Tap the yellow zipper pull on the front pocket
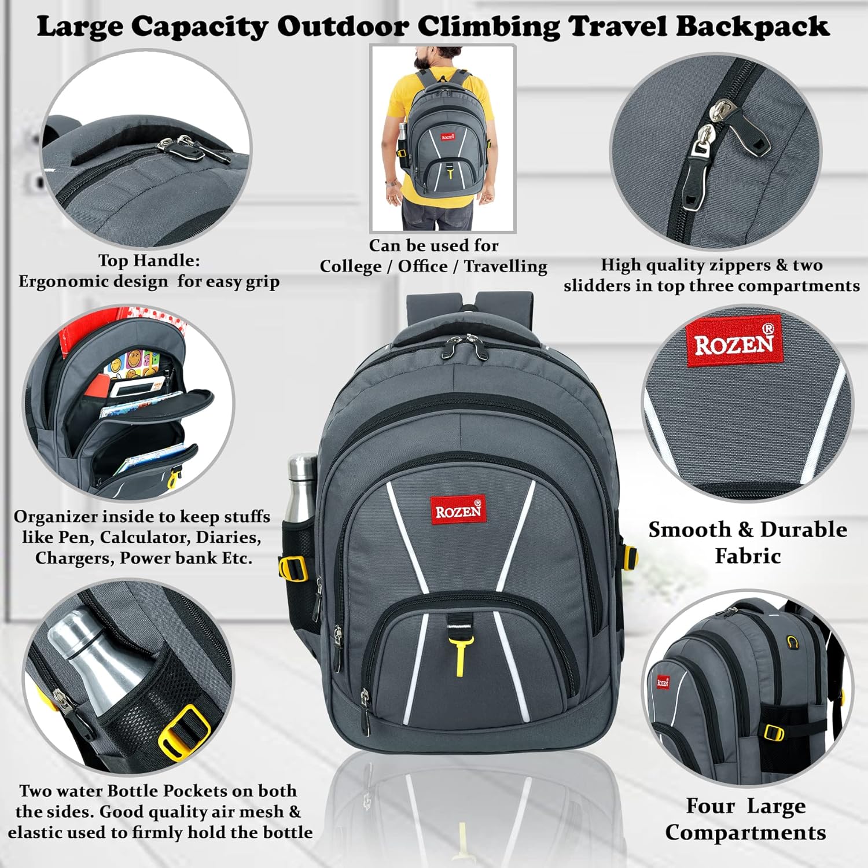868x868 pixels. [461, 657]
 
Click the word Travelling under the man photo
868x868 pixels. [505, 266]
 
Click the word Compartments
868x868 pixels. [745, 832]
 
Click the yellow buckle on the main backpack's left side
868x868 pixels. [292, 568]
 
